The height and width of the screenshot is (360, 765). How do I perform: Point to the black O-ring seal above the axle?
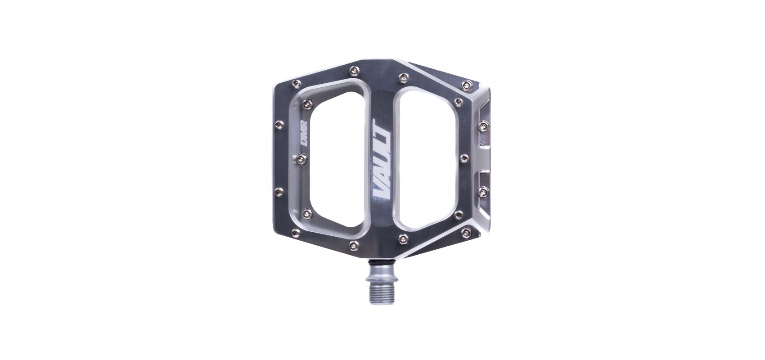click(x=382, y=262)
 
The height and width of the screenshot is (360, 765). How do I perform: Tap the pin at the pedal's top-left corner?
click(x=296, y=83)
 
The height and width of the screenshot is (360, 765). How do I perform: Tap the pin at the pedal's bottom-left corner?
click(x=296, y=233)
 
